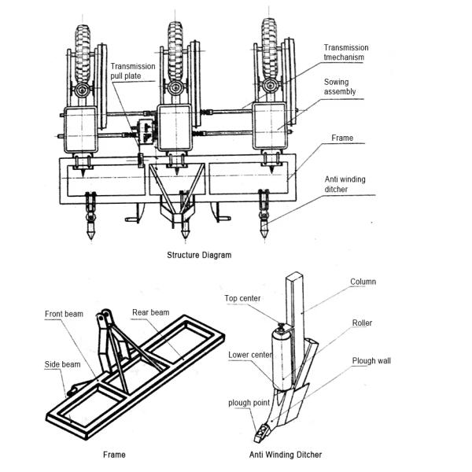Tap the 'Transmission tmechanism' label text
point(346,53)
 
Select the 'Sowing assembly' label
point(340,87)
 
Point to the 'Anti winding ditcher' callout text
point(346,183)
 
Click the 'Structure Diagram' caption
point(199,256)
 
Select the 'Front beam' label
point(63,314)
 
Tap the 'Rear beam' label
point(150,312)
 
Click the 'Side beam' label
point(61,364)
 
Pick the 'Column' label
point(363,282)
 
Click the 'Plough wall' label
point(371,362)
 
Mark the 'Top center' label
point(242,298)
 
